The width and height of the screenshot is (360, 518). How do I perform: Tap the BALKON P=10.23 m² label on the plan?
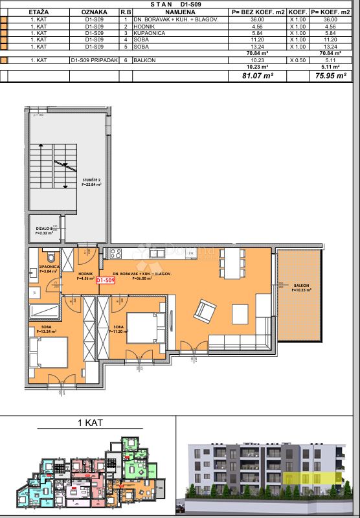(x=300, y=287)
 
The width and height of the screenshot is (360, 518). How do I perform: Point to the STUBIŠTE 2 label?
(x=91, y=183)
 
